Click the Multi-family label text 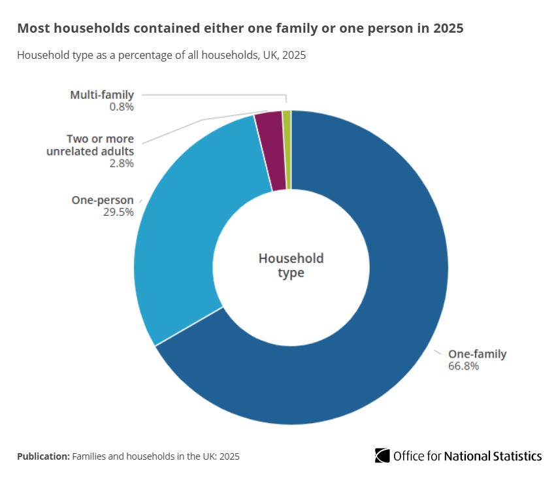tap(102, 95)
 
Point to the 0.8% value tap(122, 107)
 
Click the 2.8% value tap(122, 163)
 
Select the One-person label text tap(103, 200)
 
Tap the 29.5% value tap(118, 212)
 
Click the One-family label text tap(477, 354)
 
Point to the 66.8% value tap(463, 366)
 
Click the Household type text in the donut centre tap(291, 265)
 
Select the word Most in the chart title tap(31, 29)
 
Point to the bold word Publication tap(42, 456)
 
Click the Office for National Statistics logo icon tap(382, 455)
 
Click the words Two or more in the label tap(100, 139)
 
